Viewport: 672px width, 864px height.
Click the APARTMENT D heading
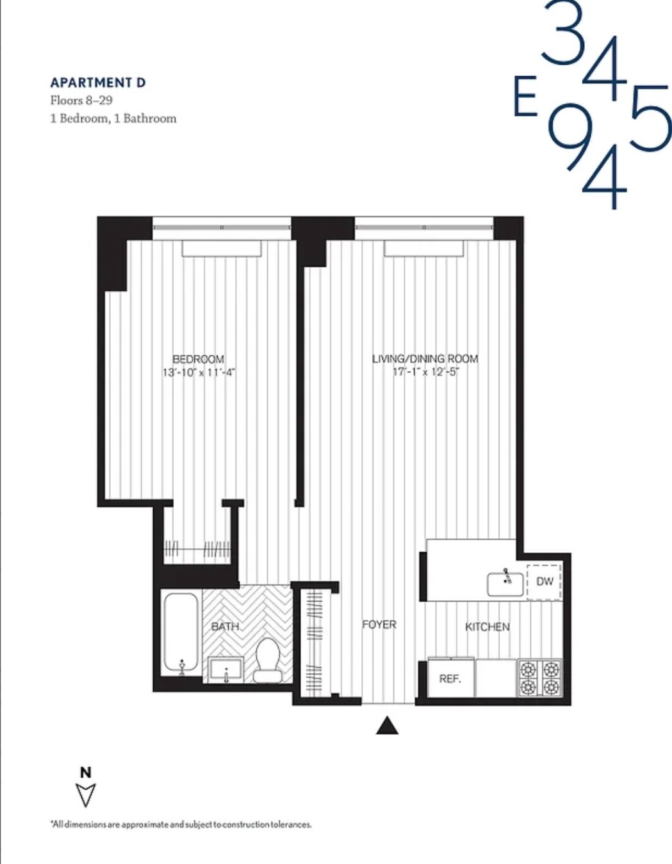[98, 83]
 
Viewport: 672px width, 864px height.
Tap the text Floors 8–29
[81, 100]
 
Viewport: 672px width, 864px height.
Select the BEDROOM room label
[198, 359]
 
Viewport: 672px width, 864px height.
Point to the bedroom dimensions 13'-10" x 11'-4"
[199, 372]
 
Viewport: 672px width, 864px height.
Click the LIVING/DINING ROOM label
[425, 358]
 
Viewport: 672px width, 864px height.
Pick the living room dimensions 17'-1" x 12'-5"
[426, 372]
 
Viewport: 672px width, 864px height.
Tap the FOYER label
[379, 624]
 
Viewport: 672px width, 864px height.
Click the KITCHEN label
[488, 627]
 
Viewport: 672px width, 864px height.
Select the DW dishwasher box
[544, 582]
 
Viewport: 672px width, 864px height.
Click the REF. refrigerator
[450, 678]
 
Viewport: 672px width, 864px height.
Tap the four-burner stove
[539, 678]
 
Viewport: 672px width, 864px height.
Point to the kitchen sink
[505, 583]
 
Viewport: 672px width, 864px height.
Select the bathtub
[181, 632]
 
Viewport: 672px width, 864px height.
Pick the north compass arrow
[86, 794]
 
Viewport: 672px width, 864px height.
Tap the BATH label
[225, 626]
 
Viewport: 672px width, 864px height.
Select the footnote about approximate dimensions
[181, 824]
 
